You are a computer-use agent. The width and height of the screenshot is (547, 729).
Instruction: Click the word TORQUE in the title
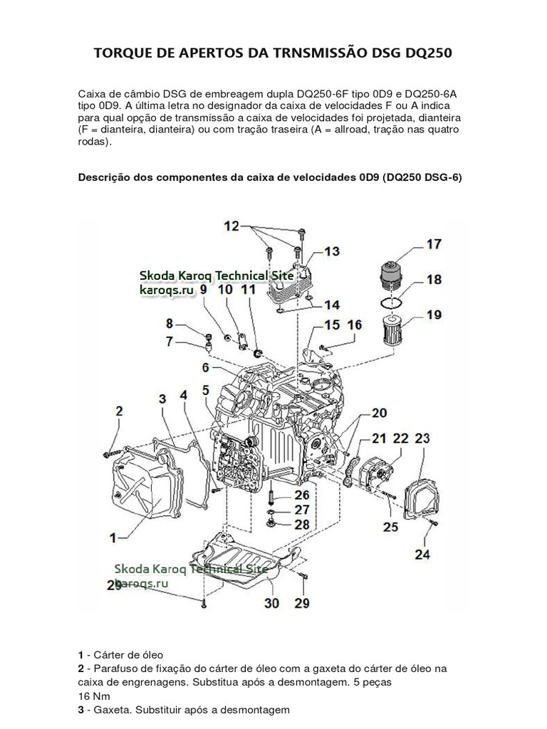tap(123, 53)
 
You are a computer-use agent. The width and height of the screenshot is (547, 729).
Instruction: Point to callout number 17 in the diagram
tap(434, 244)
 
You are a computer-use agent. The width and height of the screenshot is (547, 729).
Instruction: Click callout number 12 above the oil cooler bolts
tap(231, 226)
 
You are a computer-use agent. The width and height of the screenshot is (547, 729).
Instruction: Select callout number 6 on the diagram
tap(205, 368)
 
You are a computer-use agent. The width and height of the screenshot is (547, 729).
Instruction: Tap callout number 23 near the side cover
tap(422, 439)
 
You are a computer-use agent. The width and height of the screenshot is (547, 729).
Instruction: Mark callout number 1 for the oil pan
tap(113, 534)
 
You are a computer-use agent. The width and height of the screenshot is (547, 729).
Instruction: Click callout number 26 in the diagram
tap(302, 494)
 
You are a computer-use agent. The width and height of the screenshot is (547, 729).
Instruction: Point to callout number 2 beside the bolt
tap(119, 411)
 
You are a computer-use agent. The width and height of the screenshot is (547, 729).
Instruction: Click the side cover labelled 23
tap(423, 498)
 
